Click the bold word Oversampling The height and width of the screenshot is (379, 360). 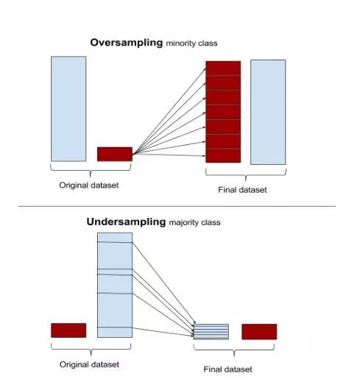click(x=127, y=43)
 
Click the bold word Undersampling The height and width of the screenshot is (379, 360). click(x=126, y=222)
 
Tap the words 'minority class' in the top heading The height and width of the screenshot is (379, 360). click(x=191, y=43)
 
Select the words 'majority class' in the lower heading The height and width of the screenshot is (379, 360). click(x=194, y=222)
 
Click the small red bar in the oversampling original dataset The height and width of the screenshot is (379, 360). click(x=115, y=154)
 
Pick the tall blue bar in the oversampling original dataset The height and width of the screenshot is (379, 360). click(x=68, y=109)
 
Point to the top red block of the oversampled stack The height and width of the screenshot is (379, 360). click(x=223, y=68)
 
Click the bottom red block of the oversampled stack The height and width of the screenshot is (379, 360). click(x=223, y=155)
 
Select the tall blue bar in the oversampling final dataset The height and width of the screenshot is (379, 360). click(x=268, y=112)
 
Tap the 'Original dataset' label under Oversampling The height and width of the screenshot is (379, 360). click(x=89, y=185)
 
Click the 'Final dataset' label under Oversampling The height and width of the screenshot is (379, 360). click(x=242, y=190)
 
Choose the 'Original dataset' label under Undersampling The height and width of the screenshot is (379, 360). click(x=89, y=364)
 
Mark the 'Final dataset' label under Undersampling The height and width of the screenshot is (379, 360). click(x=227, y=369)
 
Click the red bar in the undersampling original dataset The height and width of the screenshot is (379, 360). click(x=68, y=330)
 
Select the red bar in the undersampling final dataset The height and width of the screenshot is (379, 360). click(x=259, y=332)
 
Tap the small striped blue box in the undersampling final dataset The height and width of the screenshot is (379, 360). click(x=211, y=332)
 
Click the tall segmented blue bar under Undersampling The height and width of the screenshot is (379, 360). click(x=115, y=285)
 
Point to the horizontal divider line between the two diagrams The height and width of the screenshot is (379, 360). click(x=177, y=206)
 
